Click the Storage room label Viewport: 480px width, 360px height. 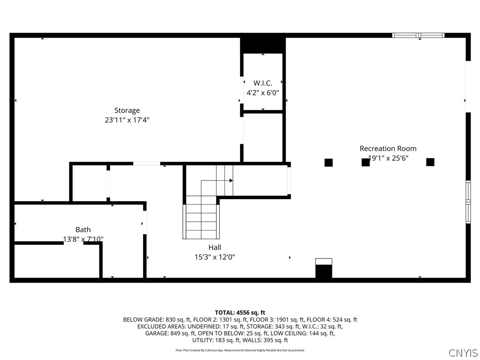pyautogui.click(x=127, y=111)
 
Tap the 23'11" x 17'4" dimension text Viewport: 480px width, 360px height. pyautogui.click(x=127, y=120)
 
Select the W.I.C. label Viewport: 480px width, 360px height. pyautogui.click(x=262, y=83)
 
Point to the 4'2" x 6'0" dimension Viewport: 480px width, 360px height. pyautogui.click(x=262, y=93)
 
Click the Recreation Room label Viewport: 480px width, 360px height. pyautogui.click(x=388, y=149)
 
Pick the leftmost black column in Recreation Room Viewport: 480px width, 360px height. pyautogui.click(x=329, y=163)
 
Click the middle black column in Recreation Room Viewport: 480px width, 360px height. pyautogui.click(x=366, y=162)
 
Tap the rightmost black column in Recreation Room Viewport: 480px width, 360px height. pyautogui.click(x=430, y=162)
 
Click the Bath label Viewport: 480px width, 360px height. pyautogui.click(x=83, y=230)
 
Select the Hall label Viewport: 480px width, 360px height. pyautogui.click(x=215, y=247)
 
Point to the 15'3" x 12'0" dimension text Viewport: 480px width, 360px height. pyautogui.click(x=215, y=257)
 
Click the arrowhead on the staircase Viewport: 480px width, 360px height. pyautogui.click(x=231, y=180)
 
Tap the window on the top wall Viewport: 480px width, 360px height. pyautogui.click(x=418, y=35)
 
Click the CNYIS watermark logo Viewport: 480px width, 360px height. pyautogui.click(x=463, y=352)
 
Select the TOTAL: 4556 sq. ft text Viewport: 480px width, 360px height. pyautogui.click(x=240, y=312)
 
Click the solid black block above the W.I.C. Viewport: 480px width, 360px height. pyautogui.click(x=263, y=45)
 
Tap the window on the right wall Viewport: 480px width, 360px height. pyautogui.click(x=468, y=202)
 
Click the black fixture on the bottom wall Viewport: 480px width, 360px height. pyautogui.click(x=323, y=271)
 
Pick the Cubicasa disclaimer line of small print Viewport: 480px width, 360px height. pyautogui.click(x=240, y=350)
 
